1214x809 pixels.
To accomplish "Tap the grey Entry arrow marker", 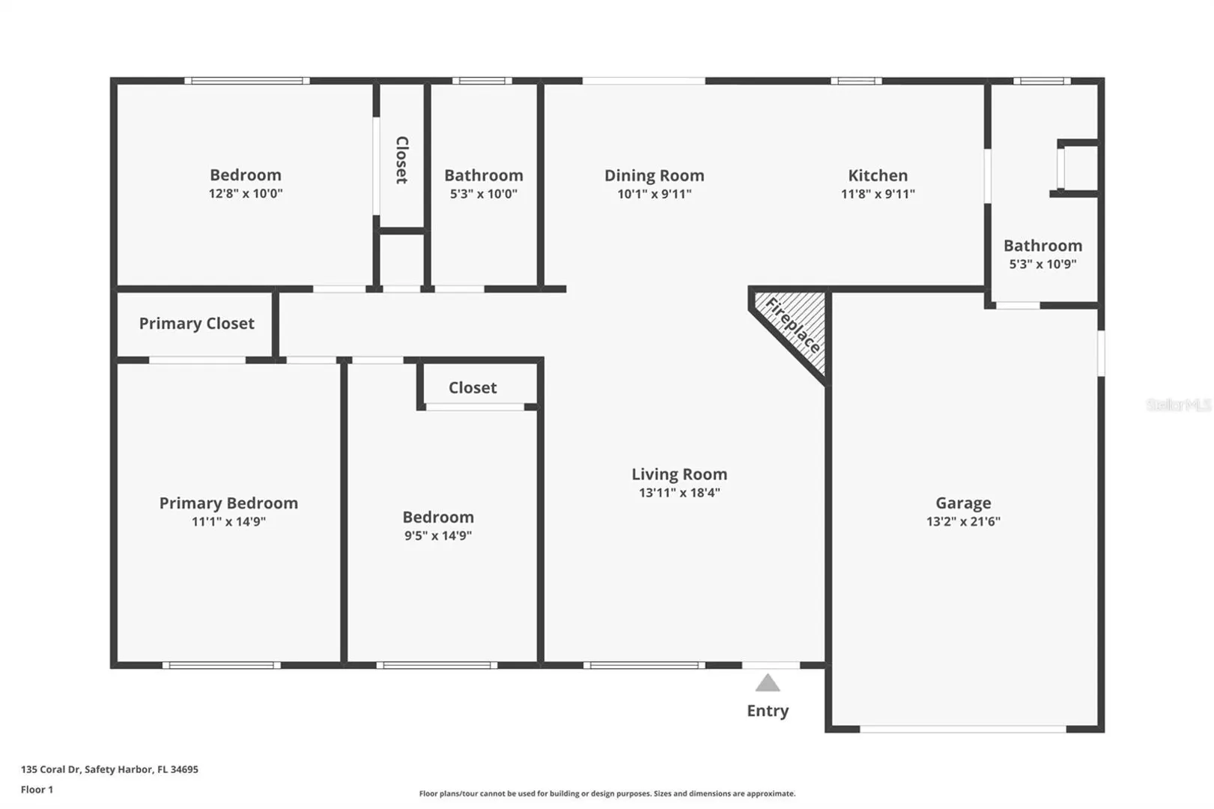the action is (768, 682).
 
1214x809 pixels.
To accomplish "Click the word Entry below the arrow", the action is (768, 711).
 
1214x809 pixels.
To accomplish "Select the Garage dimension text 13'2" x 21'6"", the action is (963, 521).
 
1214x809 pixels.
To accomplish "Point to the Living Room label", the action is (679, 474).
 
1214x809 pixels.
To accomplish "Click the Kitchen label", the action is (878, 176).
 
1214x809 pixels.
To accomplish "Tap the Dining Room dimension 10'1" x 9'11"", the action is (654, 194).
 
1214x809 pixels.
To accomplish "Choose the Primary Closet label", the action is (197, 324).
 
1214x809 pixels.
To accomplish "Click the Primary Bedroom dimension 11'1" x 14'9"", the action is (228, 521).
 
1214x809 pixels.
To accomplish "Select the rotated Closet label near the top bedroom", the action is (401, 160).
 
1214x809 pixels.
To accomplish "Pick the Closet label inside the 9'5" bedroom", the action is (473, 388).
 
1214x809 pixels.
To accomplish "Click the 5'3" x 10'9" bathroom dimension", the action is (1042, 264).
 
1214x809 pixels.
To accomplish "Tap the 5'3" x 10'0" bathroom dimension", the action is (484, 194).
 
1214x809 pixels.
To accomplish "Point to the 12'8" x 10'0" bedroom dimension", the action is (246, 193).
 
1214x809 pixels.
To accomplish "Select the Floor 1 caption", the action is (37, 790).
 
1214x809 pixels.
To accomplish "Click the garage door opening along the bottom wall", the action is (962, 730).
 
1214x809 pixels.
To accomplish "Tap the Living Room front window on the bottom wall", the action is (644, 665).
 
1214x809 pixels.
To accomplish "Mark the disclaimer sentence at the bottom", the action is (607, 793).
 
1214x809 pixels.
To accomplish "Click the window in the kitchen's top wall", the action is (856, 81).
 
